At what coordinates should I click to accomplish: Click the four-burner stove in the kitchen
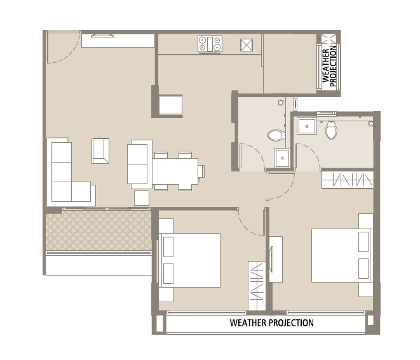(210, 44)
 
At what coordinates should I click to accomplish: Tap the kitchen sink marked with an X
(247, 44)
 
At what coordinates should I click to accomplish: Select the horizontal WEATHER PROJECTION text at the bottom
(271, 323)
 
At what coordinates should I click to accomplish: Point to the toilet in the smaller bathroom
(276, 135)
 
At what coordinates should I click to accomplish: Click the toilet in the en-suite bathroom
(331, 130)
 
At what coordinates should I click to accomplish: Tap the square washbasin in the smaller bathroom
(282, 157)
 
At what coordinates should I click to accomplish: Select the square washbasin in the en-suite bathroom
(308, 126)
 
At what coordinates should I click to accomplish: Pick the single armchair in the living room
(100, 150)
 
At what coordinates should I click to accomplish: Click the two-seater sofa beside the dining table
(140, 164)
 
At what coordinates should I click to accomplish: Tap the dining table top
(174, 171)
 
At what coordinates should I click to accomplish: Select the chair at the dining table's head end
(201, 171)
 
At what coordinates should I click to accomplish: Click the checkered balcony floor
(98, 230)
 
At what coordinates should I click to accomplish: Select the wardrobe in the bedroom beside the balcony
(255, 286)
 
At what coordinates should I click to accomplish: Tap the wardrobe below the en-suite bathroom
(347, 180)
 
